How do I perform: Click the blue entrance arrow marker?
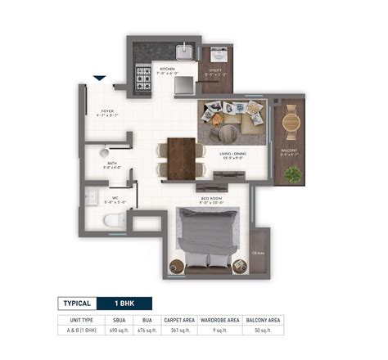[99, 79]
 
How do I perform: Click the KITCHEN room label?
[169, 70]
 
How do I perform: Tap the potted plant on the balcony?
[290, 174]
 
